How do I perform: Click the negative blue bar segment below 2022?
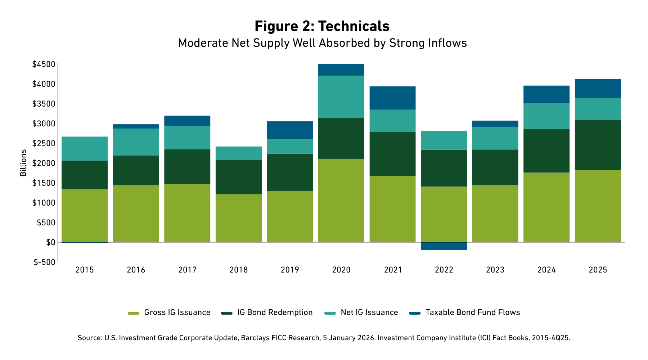coord(444,246)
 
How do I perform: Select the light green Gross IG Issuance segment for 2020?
coord(341,201)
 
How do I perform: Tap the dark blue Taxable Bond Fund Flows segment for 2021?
coord(392,98)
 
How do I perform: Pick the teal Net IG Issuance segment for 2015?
coord(85,149)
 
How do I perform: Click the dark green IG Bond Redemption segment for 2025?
coord(598,145)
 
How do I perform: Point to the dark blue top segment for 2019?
coord(290,130)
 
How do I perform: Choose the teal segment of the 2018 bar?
coord(239,153)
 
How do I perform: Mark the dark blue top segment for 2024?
coord(546,94)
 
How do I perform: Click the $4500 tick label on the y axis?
coord(44,64)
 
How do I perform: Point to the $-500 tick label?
coord(45,262)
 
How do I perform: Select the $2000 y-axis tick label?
coord(44,163)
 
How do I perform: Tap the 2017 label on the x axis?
coord(187,270)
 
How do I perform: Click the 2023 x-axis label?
coord(495,270)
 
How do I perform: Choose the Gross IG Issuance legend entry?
coord(177,312)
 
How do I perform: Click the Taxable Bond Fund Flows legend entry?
coord(472,312)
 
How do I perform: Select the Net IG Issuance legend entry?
coord(369,312)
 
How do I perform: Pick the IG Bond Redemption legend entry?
coord(275,312)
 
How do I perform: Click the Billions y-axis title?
coord(23,163)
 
